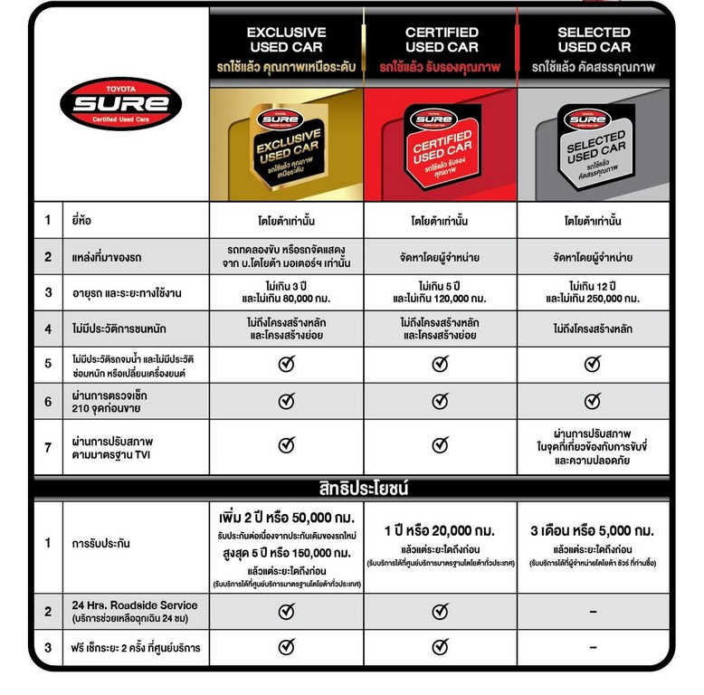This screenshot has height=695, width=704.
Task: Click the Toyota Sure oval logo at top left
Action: point(120,104)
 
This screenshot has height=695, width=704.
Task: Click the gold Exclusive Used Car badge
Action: point(285,142)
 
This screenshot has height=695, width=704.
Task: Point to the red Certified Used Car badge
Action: point(441,143)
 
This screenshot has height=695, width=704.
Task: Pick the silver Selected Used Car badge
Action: point(594,143)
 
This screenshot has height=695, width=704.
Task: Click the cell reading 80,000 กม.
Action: point(286,298)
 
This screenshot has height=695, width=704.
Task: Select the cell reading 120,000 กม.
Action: point(441,298)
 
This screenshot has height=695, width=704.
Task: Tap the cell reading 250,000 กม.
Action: point(594,298)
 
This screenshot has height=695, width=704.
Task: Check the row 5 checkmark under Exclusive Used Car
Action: point(286,364)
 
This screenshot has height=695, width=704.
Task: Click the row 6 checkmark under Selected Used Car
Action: point(593,401)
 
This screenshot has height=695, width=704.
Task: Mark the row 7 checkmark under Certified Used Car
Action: point(440,444)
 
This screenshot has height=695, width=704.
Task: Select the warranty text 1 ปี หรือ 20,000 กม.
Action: point(441,530)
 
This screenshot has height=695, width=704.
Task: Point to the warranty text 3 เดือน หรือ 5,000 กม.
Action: point(593,530)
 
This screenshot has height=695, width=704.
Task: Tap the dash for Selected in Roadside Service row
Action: point(593,613)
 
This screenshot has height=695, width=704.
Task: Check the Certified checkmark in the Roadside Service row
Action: point(440,613)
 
